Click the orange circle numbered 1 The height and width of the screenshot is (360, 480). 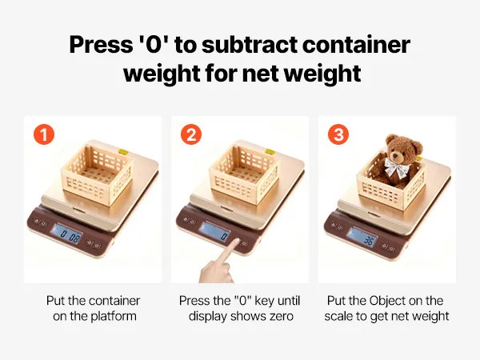[44, 134]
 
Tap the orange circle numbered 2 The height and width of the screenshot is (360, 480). [191, 134]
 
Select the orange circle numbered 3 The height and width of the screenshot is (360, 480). [338, 134]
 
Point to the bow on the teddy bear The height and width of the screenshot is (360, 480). [398, 167]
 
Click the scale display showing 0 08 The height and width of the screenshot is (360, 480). [67, 234]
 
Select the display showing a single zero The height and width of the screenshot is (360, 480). [215, 231]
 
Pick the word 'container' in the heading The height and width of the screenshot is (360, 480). [356, 45]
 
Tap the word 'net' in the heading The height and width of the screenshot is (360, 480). [260, 74]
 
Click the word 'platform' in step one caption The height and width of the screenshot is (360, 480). [114, 316]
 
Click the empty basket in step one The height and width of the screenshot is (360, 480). [97, 172]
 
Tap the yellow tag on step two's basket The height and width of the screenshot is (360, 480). [270, 151]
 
